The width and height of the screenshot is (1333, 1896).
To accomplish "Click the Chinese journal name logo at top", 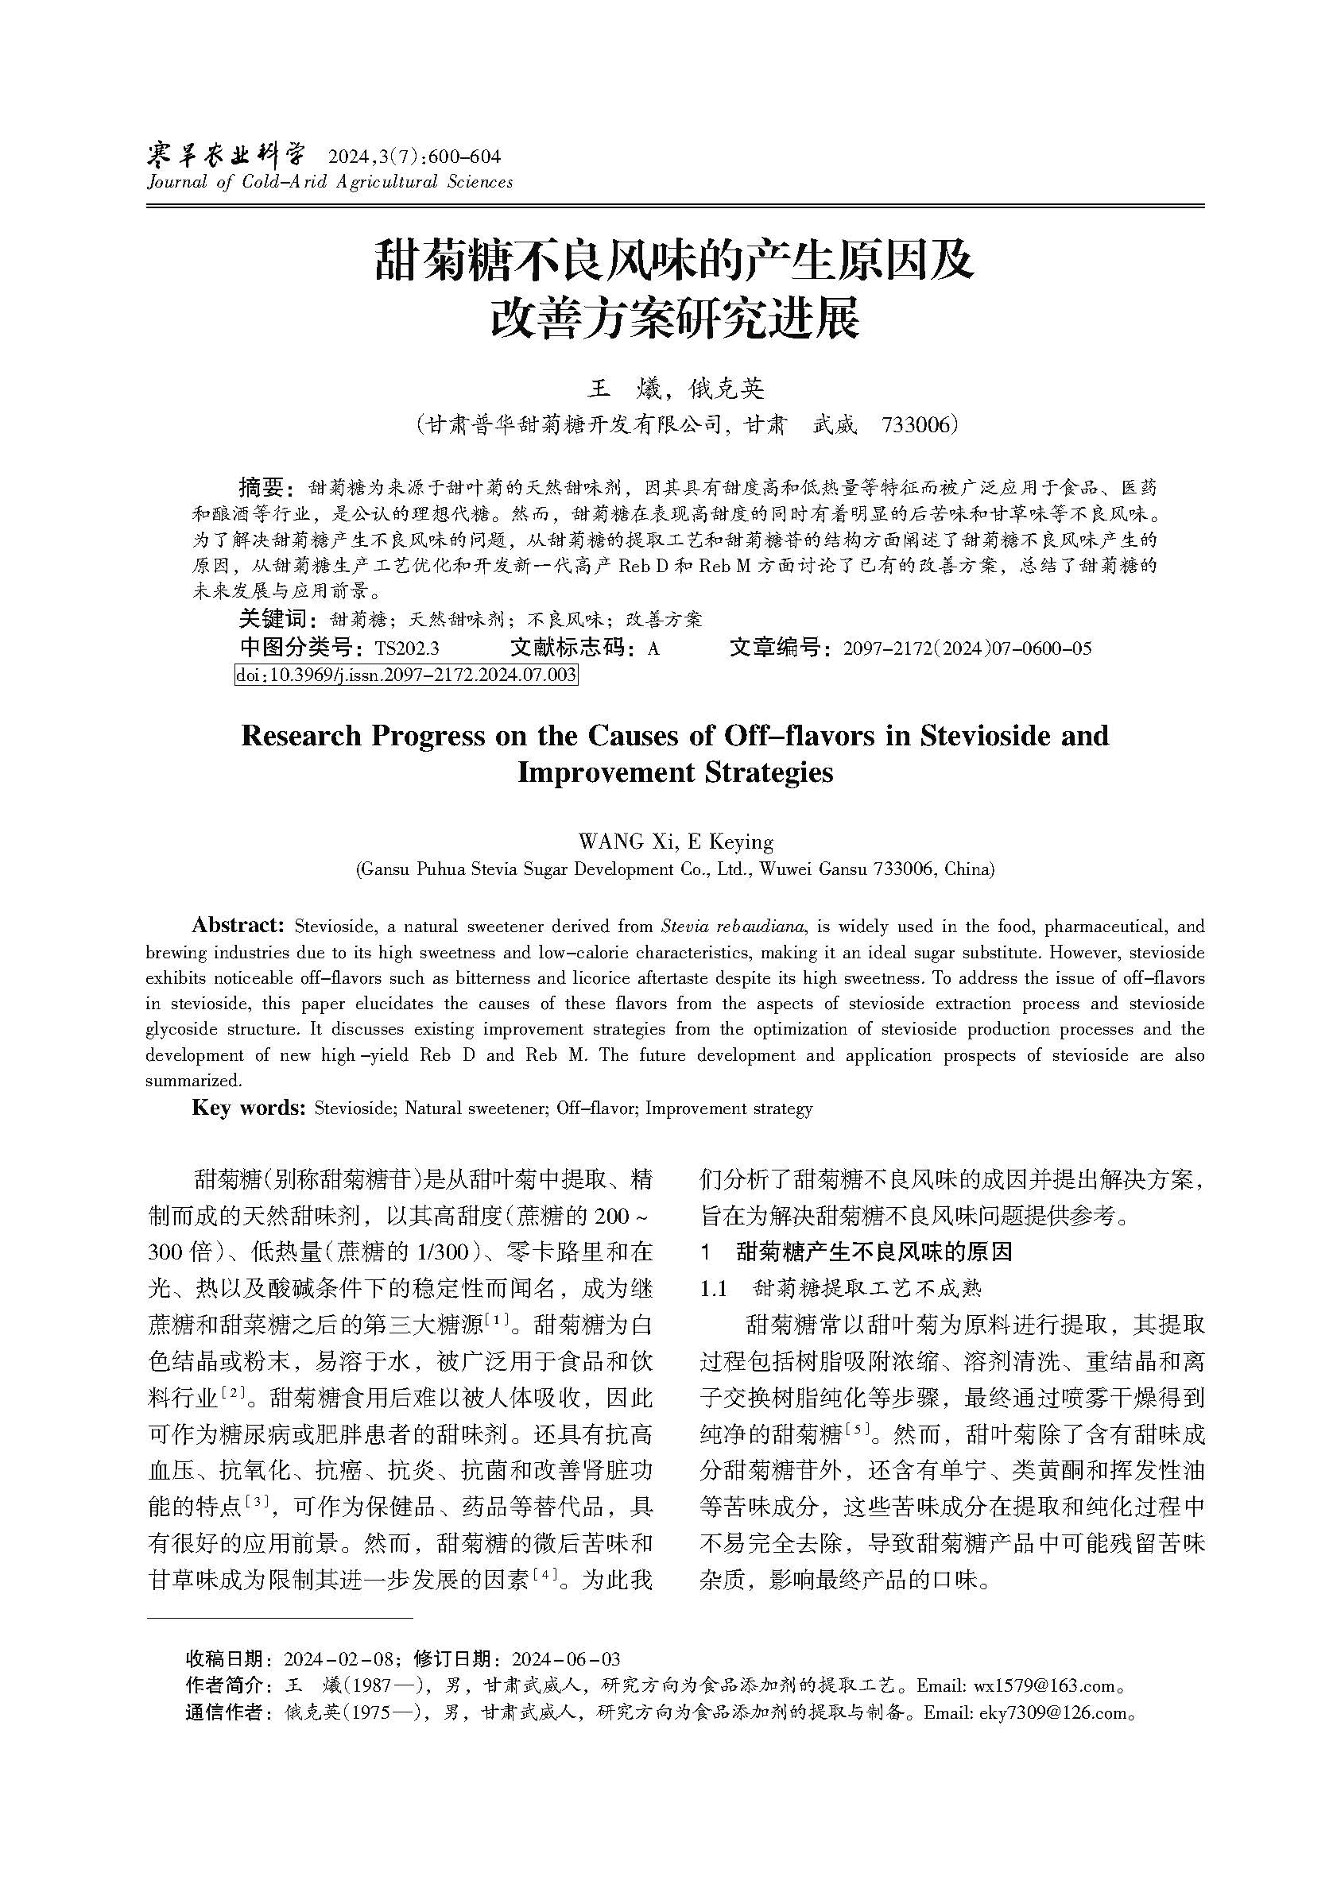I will (226, 155).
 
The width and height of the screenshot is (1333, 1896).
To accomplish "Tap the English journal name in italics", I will (330, 183).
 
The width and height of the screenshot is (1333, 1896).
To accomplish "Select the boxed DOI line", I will (406, 675).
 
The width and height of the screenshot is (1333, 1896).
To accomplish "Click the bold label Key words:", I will (249, 1108).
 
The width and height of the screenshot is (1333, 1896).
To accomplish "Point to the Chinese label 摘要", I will (262, 486).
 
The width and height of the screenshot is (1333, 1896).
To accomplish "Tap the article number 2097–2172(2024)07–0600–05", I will (967, 648).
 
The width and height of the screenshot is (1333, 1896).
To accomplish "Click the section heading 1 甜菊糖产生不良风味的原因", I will (856, 1252).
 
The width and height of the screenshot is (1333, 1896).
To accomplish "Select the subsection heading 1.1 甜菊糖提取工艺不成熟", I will (841, 1288).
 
